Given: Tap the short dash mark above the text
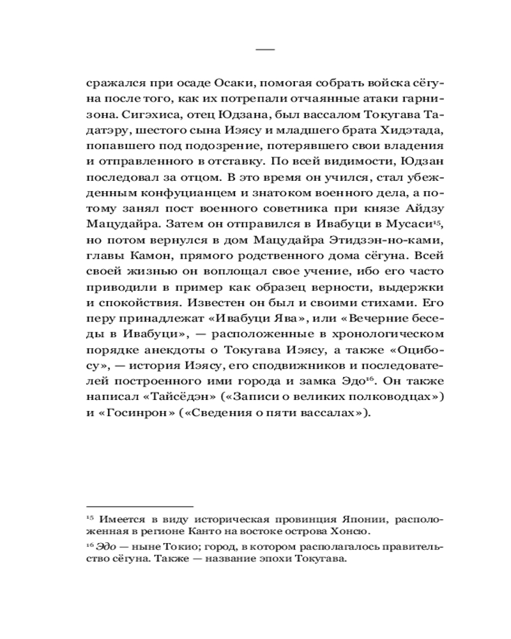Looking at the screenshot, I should [x=264, y=49].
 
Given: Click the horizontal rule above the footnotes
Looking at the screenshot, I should [x=139, y=505].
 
